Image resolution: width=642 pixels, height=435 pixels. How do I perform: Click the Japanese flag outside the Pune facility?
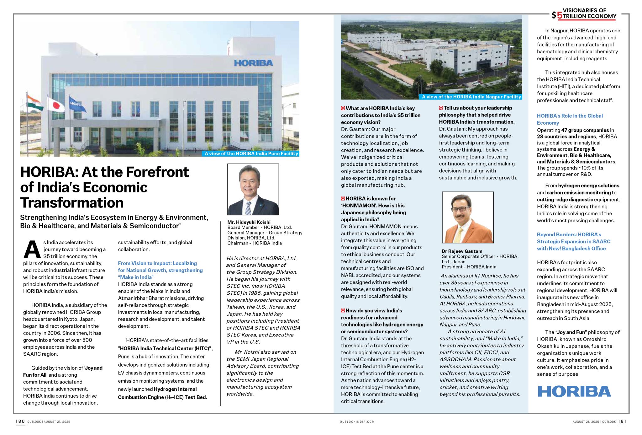[56, 105]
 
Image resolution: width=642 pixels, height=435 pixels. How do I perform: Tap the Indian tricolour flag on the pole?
[34, 103]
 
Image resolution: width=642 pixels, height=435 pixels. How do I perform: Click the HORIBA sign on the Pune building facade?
[253, 63]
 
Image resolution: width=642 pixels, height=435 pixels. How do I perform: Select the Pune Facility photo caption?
[251, 153]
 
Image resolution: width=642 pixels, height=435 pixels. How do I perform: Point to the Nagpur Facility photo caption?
[471, 97]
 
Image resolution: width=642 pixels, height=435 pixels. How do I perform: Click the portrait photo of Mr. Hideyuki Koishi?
[253, 189]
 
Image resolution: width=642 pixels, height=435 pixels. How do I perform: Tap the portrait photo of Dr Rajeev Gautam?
[468, 217]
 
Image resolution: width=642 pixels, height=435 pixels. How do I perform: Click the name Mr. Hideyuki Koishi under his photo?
[249, 222]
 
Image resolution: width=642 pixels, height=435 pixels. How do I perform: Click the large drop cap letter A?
[32, 250]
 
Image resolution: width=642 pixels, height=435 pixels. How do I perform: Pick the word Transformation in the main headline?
[72, 203]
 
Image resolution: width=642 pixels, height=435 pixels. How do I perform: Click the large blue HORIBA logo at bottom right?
[574, 391]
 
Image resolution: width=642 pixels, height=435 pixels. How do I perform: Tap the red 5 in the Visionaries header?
[559, 15]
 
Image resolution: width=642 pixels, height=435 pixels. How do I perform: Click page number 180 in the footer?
[20, 421]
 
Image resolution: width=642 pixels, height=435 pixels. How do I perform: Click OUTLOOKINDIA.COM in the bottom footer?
[357, 422]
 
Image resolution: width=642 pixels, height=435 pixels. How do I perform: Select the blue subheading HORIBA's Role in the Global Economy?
[570, 119]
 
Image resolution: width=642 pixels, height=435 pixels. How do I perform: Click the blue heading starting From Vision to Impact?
[160, 270]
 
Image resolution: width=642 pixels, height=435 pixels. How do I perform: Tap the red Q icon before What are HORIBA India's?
[343, 108]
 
